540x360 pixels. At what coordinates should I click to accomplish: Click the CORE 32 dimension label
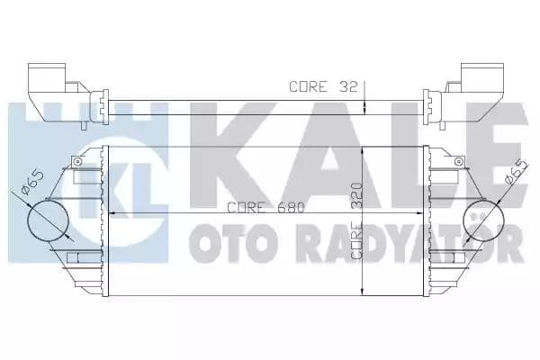323,87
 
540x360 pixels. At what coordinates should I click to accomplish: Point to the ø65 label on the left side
29,188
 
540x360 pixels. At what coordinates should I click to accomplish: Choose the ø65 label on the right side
515,172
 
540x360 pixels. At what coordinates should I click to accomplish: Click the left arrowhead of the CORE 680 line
113,213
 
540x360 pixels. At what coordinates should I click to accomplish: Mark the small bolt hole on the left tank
78,163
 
